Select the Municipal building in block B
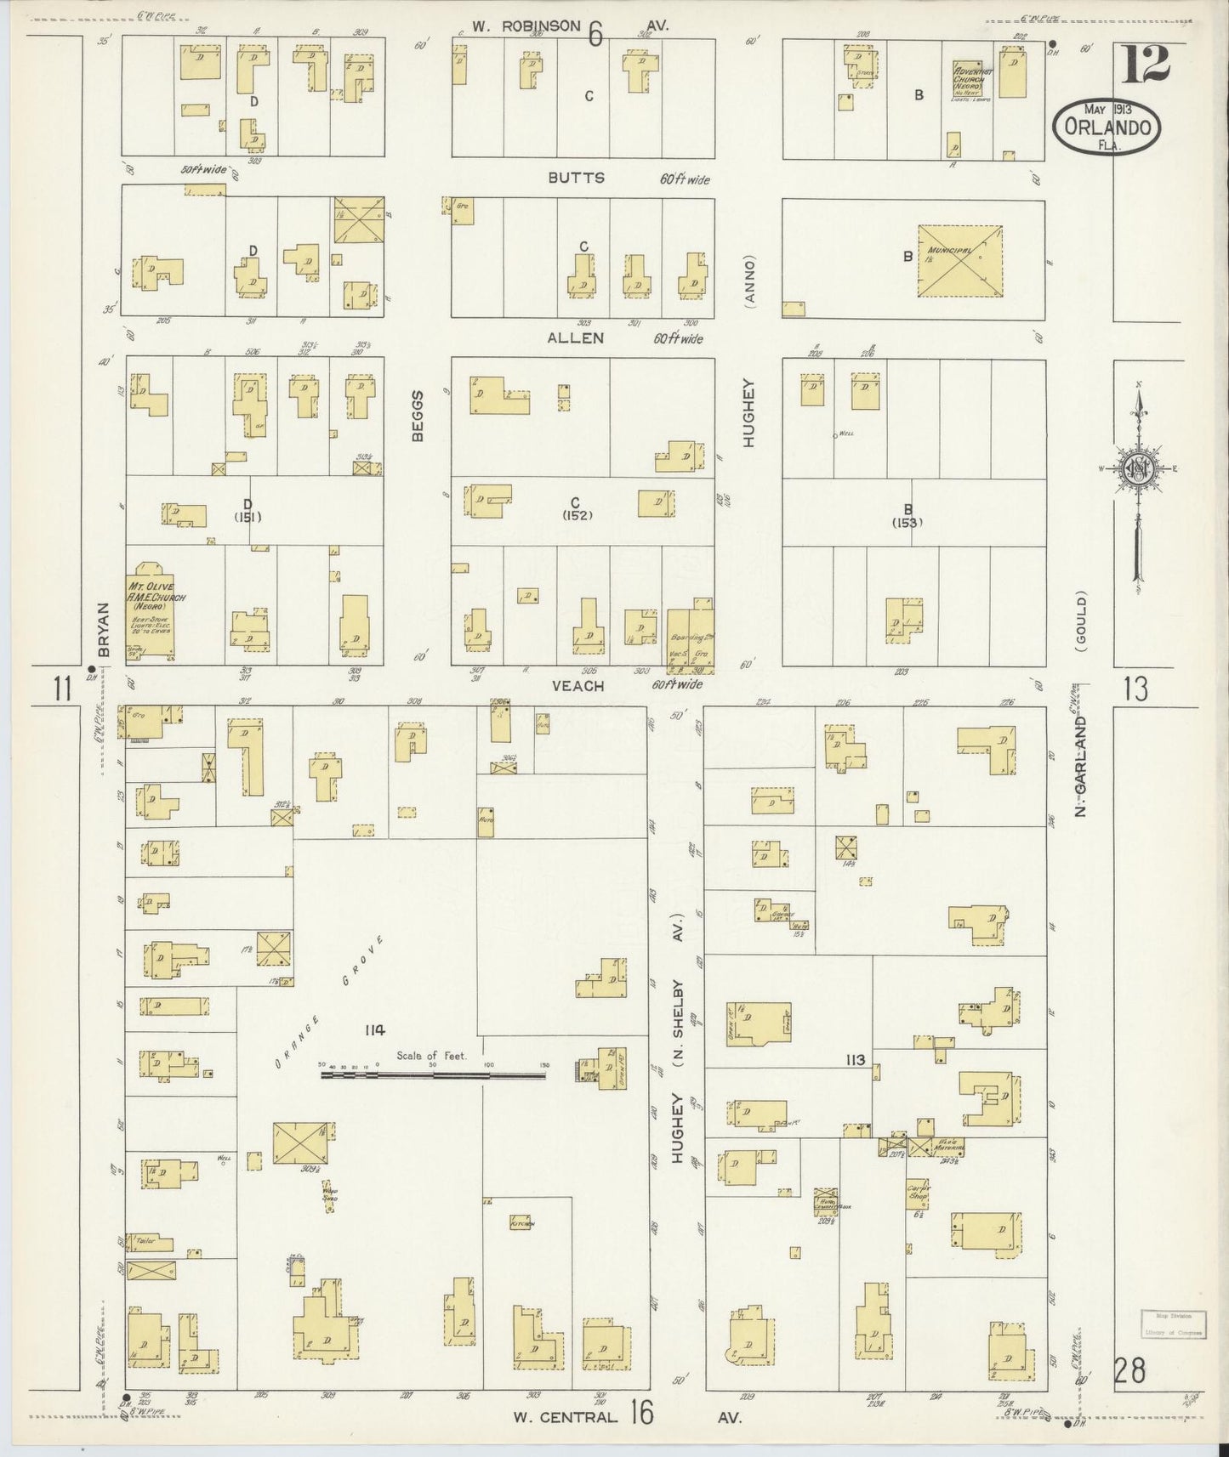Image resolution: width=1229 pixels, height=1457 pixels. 959,261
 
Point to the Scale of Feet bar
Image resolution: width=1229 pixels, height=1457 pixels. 433,1074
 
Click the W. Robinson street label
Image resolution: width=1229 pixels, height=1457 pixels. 527,26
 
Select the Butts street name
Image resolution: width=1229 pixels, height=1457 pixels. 577,178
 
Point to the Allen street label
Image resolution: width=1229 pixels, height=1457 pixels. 576,338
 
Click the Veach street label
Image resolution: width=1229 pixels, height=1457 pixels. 578,685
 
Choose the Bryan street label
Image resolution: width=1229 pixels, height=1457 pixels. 104,629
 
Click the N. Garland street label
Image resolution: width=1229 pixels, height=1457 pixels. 1081,765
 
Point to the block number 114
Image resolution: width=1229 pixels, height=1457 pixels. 373,1030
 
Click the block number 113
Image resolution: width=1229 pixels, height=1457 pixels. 855,1060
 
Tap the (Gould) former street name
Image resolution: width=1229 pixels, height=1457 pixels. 1081,621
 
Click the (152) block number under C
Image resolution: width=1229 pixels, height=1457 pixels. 576,515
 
